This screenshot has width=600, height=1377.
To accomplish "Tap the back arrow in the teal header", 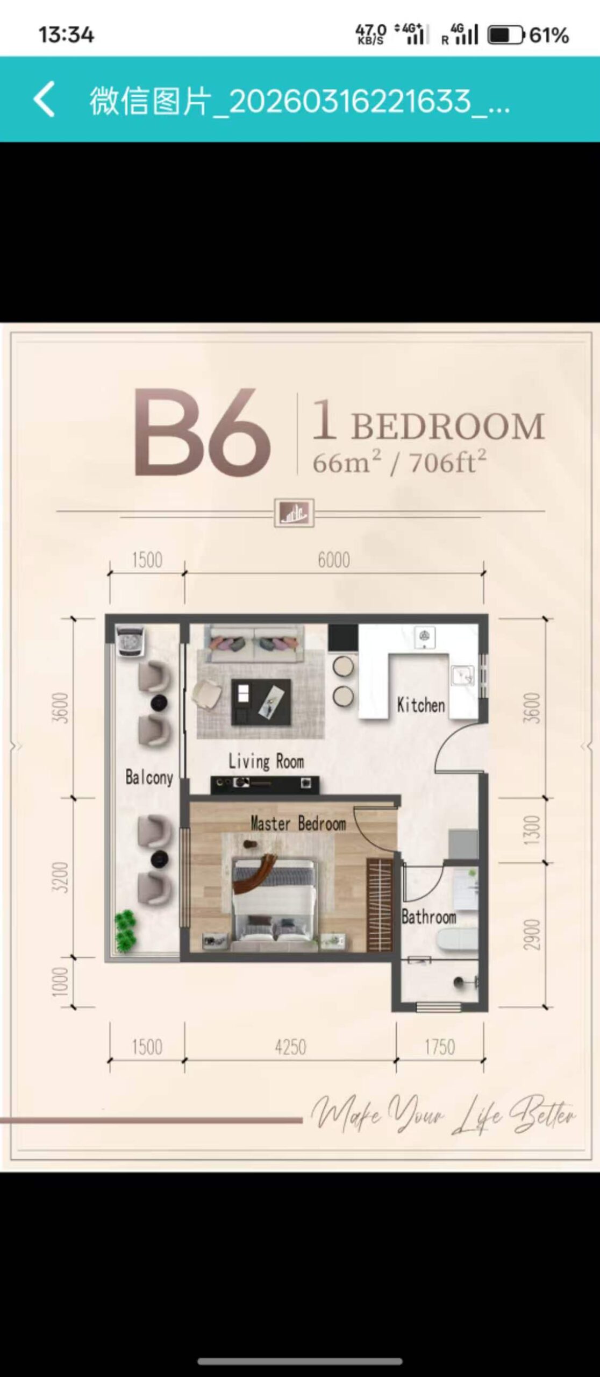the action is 44,99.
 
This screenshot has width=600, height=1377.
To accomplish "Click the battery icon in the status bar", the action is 505,36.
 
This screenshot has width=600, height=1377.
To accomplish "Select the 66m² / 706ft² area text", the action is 399,462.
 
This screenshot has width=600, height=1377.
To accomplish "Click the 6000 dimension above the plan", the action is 333,560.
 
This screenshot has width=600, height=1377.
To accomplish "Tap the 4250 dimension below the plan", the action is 290,1047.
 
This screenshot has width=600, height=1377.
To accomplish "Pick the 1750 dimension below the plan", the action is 440,1047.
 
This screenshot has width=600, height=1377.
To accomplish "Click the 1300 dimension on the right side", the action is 531,830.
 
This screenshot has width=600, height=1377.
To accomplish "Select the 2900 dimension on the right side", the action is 531,935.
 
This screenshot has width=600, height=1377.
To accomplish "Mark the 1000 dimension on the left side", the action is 61,981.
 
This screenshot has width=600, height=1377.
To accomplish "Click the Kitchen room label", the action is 421,705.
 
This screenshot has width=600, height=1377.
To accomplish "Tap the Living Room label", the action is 266,761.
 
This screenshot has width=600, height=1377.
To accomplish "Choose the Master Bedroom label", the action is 298,823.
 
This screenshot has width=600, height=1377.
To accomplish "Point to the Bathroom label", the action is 429,917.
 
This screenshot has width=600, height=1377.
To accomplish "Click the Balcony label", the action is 149,777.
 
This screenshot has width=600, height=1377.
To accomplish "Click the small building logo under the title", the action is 294,513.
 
